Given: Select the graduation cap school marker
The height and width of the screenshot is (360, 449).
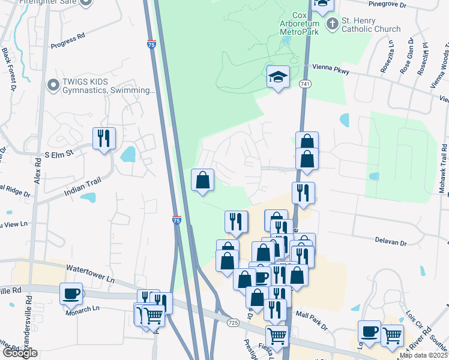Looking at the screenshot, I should click(278, 77).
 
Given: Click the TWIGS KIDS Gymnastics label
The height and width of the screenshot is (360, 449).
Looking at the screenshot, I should click(108, 86).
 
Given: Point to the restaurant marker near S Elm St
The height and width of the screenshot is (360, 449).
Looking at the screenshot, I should click(104, 139).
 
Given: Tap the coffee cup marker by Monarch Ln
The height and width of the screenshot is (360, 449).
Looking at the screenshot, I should click(71, 293).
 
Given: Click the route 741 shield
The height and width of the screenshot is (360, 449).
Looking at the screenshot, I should click(306, 84).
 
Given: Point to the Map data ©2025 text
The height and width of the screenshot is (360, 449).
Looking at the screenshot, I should click(423, 355).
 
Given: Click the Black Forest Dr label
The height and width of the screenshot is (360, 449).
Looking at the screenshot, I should click(8, 69).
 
